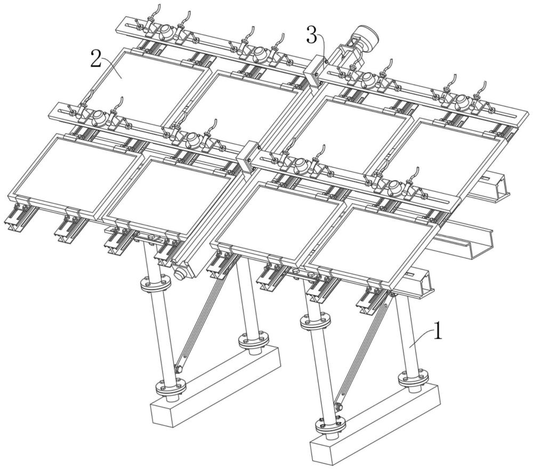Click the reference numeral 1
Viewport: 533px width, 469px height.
coord(438,330)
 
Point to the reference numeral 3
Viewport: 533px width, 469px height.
coord(312,35)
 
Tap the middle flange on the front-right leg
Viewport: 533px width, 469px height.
coord(316,321)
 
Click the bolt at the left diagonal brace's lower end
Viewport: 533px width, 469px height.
coord(179,368)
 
